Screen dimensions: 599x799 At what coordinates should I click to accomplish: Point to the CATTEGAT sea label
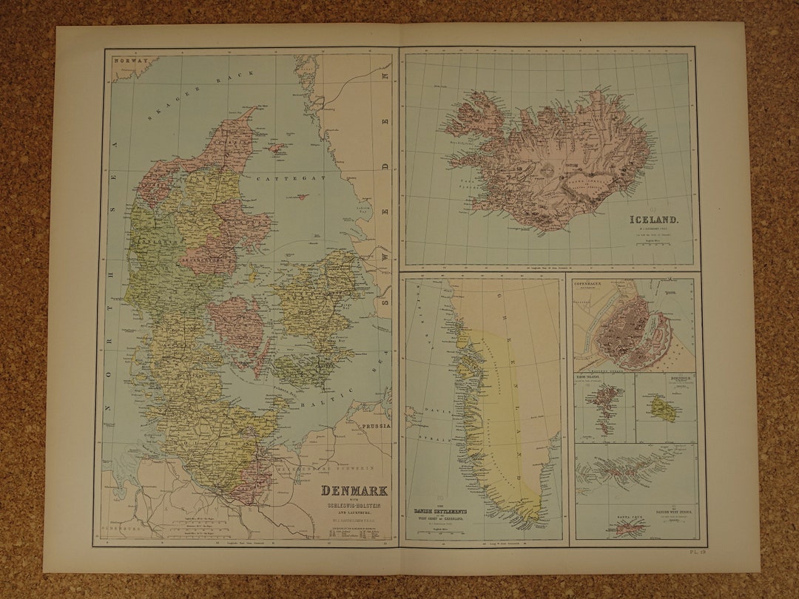(x=300, y=178)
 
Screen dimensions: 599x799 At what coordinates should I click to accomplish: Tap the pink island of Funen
(x=237, y=326)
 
